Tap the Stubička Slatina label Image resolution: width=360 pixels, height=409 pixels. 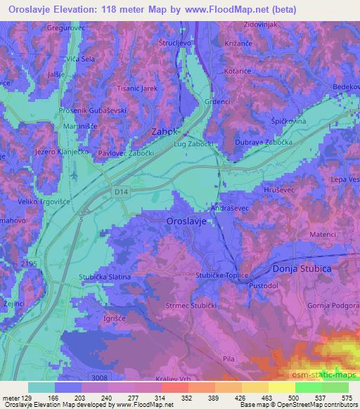105,277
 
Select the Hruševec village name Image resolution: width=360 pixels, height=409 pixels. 264,190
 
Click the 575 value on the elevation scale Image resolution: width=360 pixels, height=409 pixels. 346,398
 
